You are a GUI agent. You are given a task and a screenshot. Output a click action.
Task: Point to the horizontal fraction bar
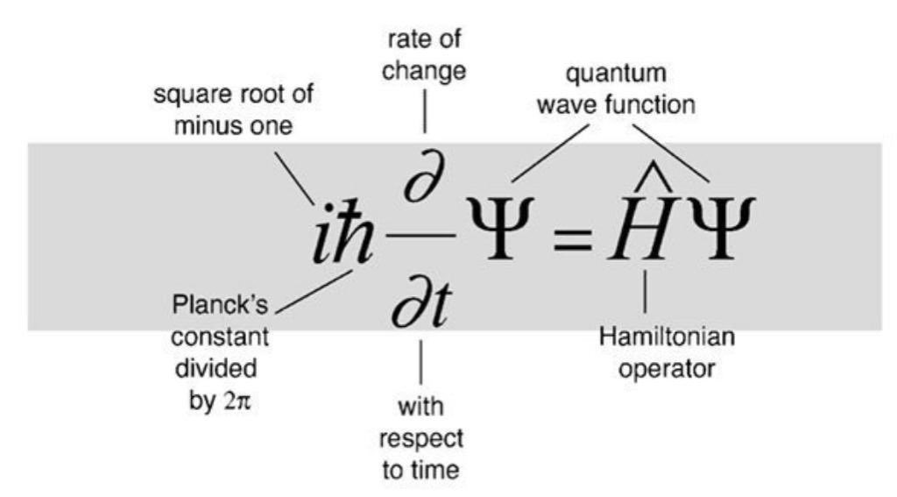click(423, 234)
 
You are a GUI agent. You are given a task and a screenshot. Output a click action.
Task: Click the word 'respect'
click(422, 437)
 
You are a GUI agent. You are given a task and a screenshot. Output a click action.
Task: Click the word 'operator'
click(667, 368)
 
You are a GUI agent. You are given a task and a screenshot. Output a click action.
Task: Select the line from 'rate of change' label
click(424, 113)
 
